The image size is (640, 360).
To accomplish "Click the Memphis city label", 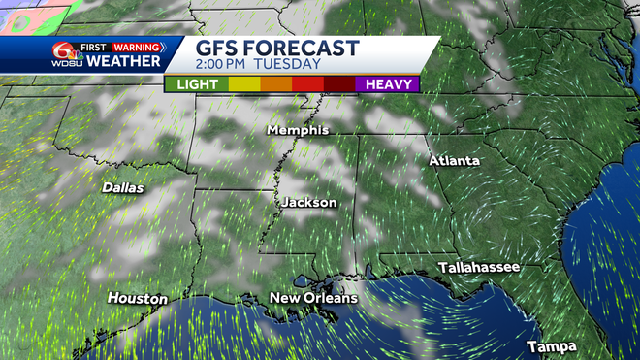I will click(298, 129).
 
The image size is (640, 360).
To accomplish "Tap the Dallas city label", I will click(121, 187).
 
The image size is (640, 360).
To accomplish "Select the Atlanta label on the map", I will click(453, 160).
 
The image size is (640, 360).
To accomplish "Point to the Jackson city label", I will click(309, 203).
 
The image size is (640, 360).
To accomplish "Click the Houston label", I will click(137, 298).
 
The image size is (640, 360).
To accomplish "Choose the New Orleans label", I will click(313, 298).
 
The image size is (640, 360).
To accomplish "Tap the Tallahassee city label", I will click(478, 267).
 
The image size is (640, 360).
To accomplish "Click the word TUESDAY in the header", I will click(289, 64).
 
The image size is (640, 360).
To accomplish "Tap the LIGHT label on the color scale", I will click(196, 84).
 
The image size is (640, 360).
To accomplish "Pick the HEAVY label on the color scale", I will click(388, 84).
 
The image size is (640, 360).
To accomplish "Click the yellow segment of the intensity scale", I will click(243, 84).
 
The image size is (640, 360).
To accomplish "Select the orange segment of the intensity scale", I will click(276, 84).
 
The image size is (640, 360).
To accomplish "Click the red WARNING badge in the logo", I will click(138, 46).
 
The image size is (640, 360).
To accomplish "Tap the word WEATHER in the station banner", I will click(123, 61).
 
